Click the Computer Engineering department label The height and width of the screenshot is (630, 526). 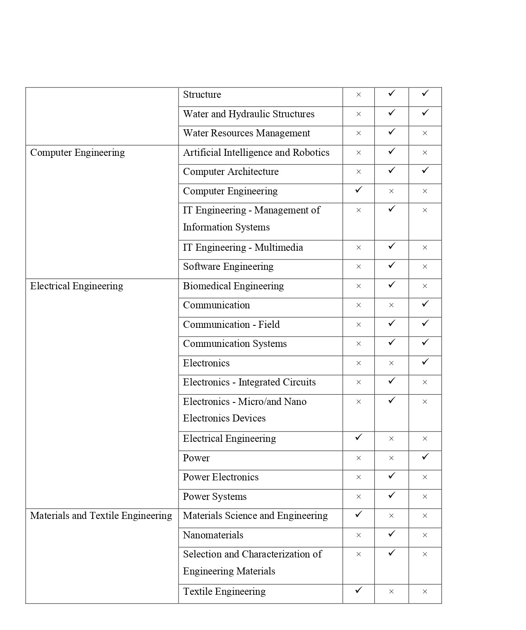pos(77,153)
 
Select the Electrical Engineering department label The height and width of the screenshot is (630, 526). pos(77,286)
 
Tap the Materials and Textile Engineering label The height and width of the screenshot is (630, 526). pos(101,516)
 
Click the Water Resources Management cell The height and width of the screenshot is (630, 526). pos(246,133)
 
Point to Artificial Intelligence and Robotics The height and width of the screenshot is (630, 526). pos(256,153)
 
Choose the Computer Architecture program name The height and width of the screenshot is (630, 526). pos(231,172)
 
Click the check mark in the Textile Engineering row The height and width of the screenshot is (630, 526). pos(359,590)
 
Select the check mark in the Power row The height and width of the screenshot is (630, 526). pos(425,456)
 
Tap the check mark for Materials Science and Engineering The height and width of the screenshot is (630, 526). pos(359,514)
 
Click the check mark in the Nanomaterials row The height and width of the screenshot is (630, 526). pos(392,533)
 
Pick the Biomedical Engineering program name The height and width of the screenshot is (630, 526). pos(233,286)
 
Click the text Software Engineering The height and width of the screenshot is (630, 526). pos(228,267)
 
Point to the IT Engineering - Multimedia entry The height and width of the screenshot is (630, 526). pos(243,248)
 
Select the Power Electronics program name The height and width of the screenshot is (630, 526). pos(221,477)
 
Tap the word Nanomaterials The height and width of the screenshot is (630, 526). pos(213,535)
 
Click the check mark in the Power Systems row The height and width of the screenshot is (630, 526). pos(392,495)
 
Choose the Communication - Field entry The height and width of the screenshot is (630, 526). pos(231,325)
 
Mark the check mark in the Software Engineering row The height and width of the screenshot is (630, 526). pos(392,265)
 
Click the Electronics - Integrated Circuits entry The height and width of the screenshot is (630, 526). pos(249,383)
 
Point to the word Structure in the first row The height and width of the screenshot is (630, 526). pos(202,95)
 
